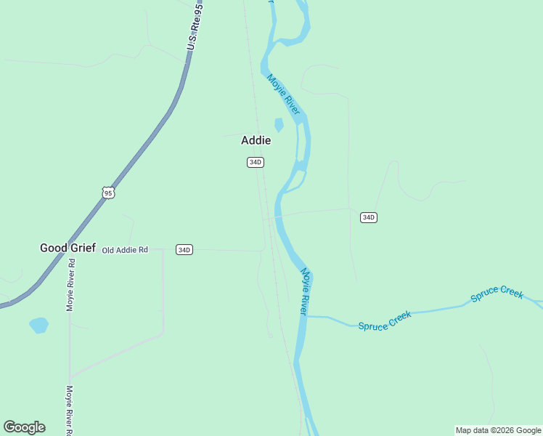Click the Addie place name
pyautogui.click(x=256, y=140)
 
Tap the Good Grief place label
pyautogui.click(x=68, y=248)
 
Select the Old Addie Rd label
pyautogui.click(x=125, y=250)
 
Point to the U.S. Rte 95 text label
pyautogui.click(x=194, y=26)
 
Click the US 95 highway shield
pyautogui.click(x=108, y=193)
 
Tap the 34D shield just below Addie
pyautogui.click(x=255, y=162)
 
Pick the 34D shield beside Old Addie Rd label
pyautogui.click(x=184, y=250)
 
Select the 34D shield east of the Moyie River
pyautogui.click(x=369, y=217)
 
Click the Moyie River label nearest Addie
pyautogui.click(x=283, y=94)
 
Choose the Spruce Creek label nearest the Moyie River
pyautogui.click(x=385, y=320)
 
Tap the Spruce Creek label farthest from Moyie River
pyautogui.click(x=497, y=294)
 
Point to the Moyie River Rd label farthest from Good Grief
pyautogui.click(x=70, y=411)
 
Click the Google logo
pyautogui.click(x=24, y=427)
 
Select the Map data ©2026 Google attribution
pyautogui.click(x=498, y=430)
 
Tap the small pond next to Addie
pyautogui.click(x=279, y=125)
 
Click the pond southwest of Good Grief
pyautogui.click(x=39, y=325)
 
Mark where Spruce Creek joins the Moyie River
pyautogui.click(x=306, y=316)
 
